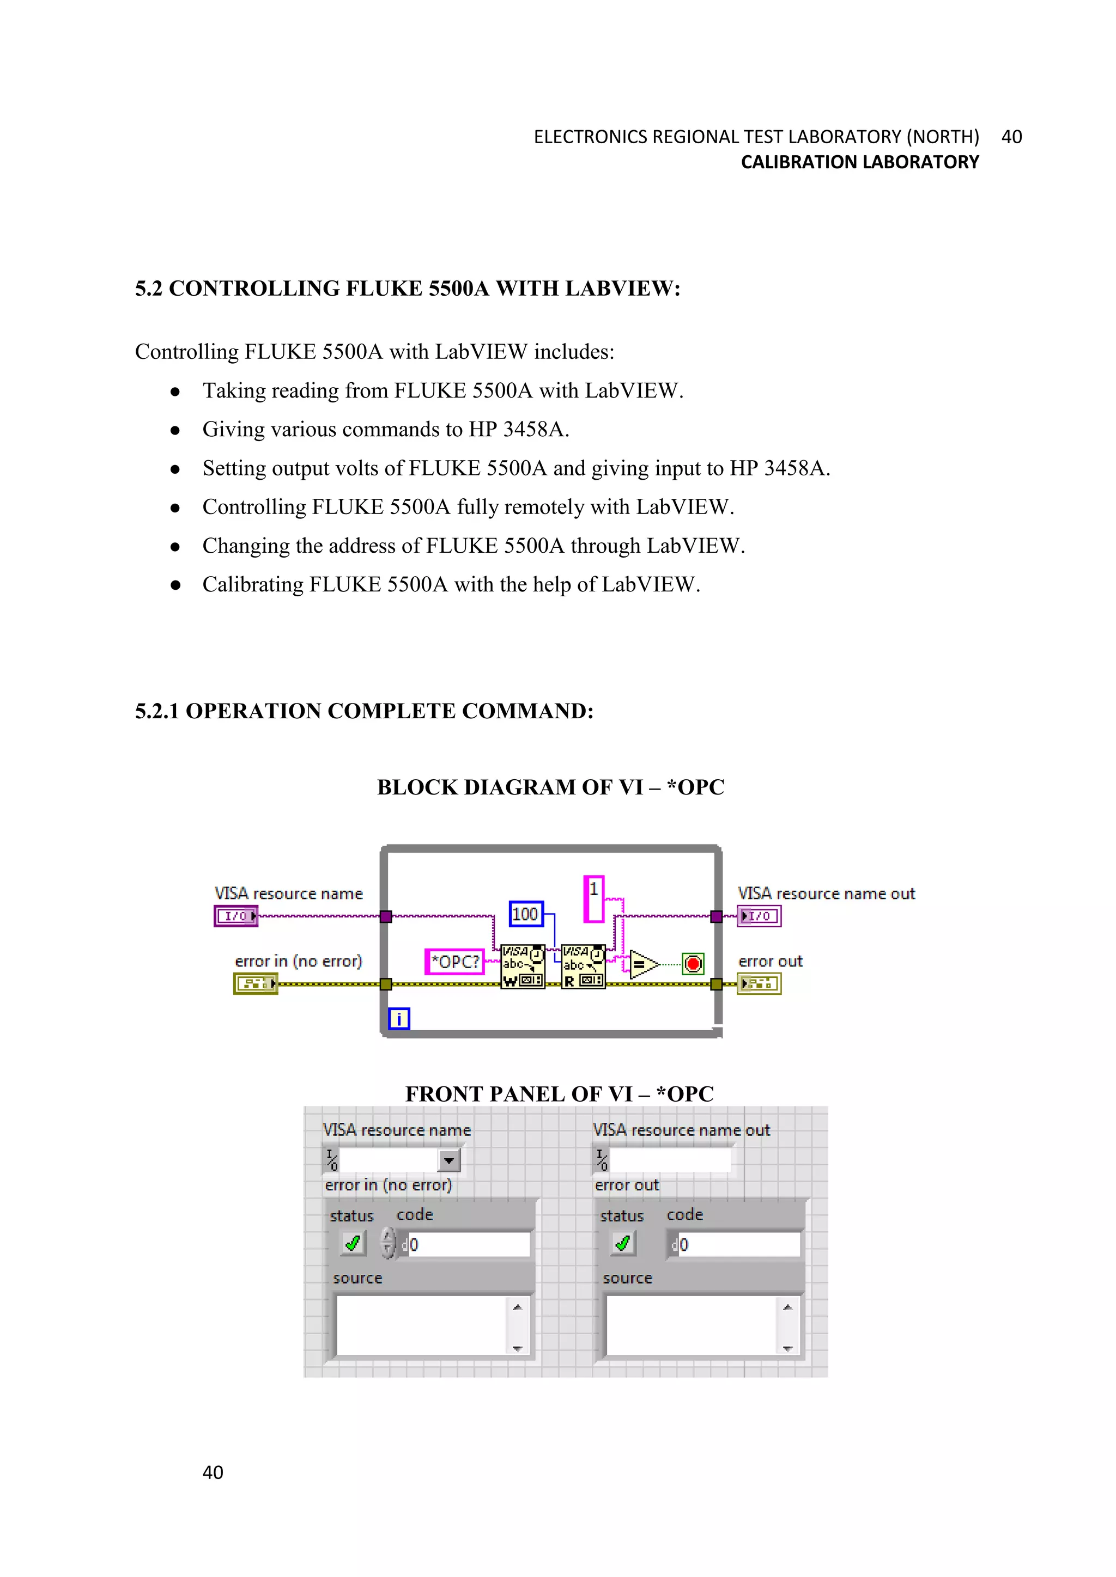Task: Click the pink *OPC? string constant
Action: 454,961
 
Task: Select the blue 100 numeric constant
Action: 526,914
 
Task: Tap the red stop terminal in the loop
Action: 693,964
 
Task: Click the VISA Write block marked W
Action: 522,965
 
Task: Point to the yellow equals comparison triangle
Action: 642,964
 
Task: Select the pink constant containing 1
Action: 593,898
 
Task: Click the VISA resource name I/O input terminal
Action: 236,916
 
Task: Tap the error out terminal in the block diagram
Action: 759,984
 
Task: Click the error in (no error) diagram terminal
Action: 255,984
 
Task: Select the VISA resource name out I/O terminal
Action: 759,916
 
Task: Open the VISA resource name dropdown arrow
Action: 448,1161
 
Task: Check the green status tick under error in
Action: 353,1243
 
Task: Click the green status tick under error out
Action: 623,1243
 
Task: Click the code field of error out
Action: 739,1245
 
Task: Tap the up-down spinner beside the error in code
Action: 389,1243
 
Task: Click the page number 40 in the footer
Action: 213,1472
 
